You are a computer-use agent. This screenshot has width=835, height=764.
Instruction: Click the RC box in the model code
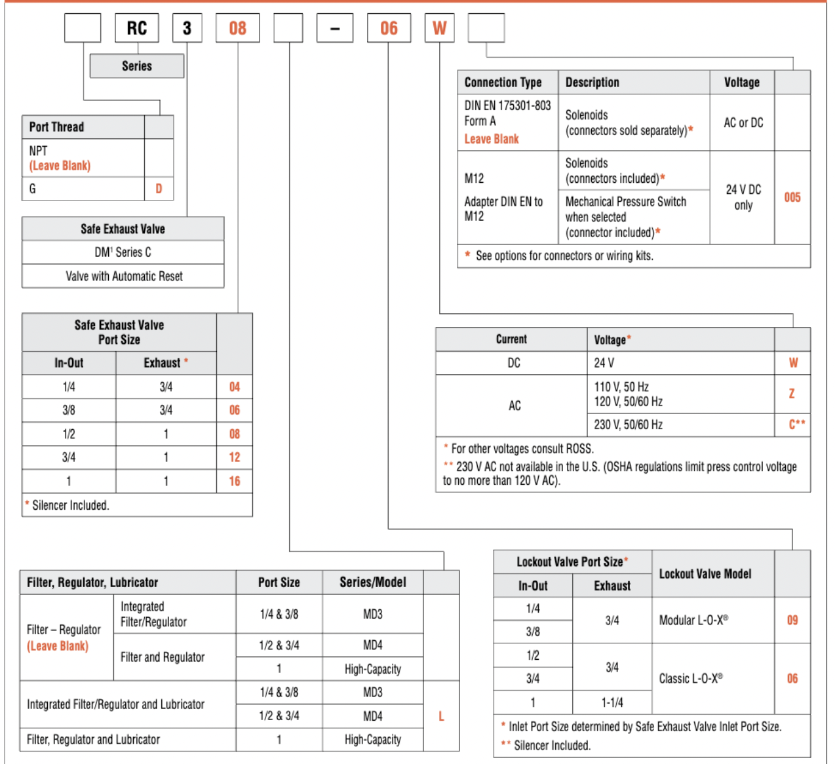tap(137, 28)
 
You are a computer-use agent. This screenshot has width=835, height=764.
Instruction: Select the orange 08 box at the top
tap(237, 28)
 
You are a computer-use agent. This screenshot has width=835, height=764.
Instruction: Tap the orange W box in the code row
tap(439, 28)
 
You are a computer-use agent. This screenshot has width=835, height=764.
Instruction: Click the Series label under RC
tap(137, 66)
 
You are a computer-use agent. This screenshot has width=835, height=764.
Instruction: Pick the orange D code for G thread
tap(159, 189)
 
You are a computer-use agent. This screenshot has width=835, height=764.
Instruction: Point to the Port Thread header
tap(57, 127)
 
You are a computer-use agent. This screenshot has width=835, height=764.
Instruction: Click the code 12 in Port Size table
tap(235, 457)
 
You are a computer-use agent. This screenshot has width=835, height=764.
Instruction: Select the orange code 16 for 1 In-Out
tap(235, 482)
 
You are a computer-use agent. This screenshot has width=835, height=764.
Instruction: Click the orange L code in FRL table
tap(441, 716)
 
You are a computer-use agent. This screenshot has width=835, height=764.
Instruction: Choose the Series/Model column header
tap(372, 583)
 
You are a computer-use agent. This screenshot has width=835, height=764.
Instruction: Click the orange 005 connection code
tap(792, 197)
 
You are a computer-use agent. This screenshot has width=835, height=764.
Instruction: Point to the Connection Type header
tap(503, 83)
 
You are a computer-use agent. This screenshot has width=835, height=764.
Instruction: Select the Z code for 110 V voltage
tap(792, 394)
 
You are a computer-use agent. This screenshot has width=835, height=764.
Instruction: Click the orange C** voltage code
tap(796, 425)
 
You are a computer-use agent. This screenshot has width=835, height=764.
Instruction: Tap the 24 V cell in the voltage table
tap(604, 363)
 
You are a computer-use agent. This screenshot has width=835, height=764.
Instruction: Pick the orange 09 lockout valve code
tap(792, 620)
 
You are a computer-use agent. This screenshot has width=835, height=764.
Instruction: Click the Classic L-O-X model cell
tap(691, 678)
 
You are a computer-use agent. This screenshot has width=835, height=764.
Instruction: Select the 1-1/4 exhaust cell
tap(612, 702)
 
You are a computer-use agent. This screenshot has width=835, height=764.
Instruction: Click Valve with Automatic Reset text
tap(124, 277)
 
